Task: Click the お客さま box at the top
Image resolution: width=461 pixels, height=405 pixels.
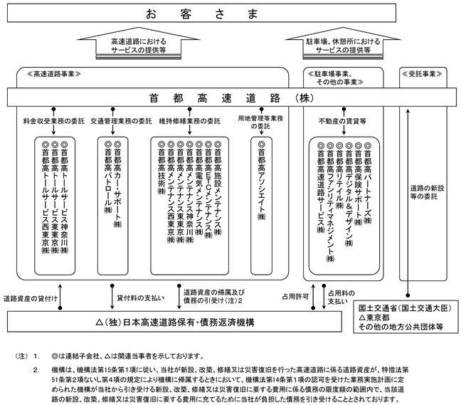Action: [201, 14]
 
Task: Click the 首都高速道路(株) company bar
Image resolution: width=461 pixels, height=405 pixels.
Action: [232, 98]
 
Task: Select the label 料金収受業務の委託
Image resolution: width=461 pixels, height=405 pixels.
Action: [54, 121]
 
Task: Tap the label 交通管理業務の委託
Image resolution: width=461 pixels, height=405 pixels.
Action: [121, 121]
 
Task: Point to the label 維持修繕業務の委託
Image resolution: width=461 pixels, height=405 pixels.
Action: [190, 121]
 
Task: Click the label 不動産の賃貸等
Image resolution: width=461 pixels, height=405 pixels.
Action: [342, 121]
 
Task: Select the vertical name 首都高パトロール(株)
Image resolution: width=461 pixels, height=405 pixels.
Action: [108, 177]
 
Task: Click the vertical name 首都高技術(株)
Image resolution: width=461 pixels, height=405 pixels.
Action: [161, 168]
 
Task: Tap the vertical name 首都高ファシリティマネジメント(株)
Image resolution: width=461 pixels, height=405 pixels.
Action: [330, 202]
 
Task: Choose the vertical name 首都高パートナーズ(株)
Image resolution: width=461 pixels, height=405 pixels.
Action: [368, 183]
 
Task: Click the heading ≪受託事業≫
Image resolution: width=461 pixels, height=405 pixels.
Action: [422, 74]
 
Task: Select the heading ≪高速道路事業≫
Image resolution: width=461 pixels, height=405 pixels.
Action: [54, 74]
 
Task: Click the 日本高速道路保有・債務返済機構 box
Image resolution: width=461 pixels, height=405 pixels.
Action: [174, 322]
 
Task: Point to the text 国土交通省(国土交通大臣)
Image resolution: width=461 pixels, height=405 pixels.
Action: [405, 308]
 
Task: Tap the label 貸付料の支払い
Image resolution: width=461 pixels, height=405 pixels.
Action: [140, 298]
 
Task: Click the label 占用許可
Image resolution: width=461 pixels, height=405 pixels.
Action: [295, 297]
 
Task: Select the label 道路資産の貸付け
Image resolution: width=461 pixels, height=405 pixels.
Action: [31, 299]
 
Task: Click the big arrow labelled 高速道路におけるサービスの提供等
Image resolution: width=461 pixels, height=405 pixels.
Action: [139, 43]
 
